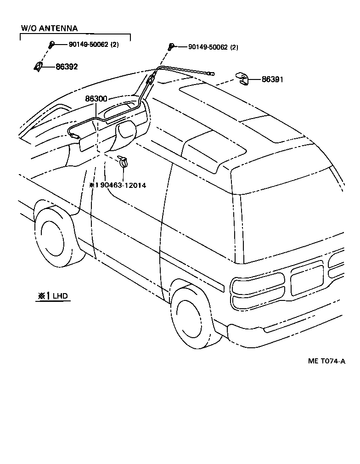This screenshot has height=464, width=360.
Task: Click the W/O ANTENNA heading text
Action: [x=49, y=28]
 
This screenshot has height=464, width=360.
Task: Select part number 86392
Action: [x=67, y=67]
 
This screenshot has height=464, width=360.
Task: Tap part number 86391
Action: [x=272, y=79]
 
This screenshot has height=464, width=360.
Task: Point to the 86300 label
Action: [x=96, y=99]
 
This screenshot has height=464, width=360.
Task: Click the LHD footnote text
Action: [x=60, y=296]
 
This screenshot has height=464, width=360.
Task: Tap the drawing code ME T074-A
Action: [x=326, y=362]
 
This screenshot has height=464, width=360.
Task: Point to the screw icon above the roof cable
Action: [x=170, y=46]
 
